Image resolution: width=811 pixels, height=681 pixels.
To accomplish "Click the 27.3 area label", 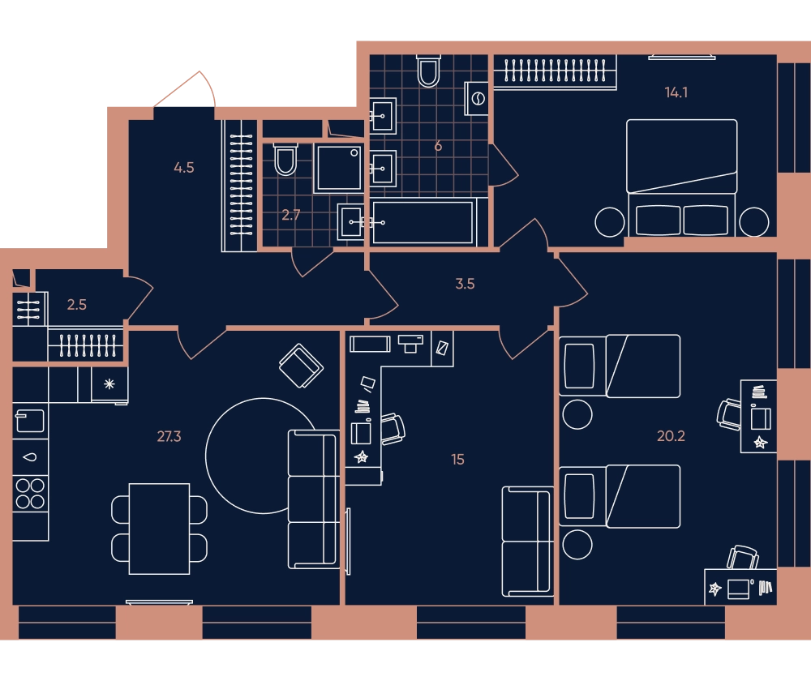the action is click(x=169, y=436).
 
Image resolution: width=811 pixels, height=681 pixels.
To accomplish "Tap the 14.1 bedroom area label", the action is click(x=676, y=92).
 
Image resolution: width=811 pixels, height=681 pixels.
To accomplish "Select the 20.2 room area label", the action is click(x=671, y=436).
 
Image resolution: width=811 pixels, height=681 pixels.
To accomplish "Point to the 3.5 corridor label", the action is click(x=465, y=284).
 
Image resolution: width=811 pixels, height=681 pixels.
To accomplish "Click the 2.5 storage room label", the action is click(x=76, y=305).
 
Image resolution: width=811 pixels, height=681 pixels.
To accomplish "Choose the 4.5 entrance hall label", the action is click(x=183, y=168).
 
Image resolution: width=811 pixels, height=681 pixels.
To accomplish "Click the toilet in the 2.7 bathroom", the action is click(x=285, y=159).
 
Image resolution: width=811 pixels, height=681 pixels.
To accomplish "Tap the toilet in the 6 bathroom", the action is click(x=428, y=71).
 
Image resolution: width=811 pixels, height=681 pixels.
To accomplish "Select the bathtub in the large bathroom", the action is click(x=423, y=222).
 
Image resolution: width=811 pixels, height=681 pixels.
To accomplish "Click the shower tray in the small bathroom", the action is click(x=339, y=168).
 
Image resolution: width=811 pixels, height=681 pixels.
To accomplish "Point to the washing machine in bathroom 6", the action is click(x=477, y=98).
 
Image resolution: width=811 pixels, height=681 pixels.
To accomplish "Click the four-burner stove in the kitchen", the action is click(x=30, y=493).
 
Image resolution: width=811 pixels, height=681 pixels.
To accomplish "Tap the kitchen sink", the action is click(x=30, y=421).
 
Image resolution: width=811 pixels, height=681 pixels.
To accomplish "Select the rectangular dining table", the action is click(x=159, y=529).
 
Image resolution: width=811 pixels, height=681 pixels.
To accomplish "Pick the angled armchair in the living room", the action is click(x=301, y=366).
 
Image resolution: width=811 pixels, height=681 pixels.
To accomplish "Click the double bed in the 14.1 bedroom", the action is click(x=682, y=178).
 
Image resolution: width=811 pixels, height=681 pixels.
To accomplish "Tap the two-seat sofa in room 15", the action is click(x=527, y=542).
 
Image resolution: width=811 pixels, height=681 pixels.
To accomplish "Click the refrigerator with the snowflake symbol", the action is click(x=109, y=384).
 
